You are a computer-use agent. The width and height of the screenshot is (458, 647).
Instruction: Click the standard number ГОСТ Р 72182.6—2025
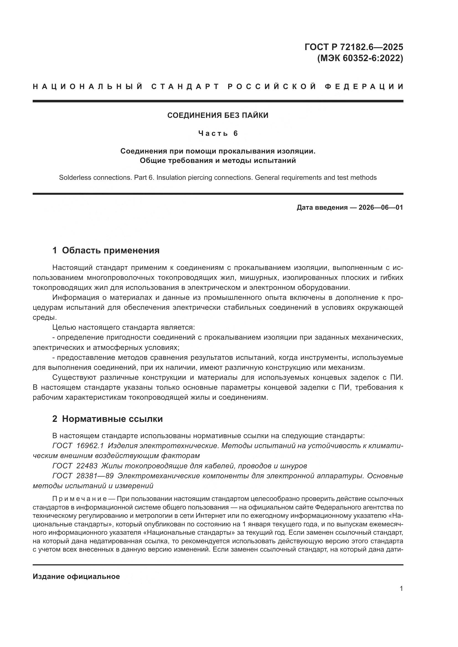354,47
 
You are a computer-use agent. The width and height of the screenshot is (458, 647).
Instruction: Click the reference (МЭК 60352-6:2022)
360,58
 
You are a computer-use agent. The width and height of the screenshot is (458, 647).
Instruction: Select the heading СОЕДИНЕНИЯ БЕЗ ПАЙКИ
218,115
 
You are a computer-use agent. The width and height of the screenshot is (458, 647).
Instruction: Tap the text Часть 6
218,133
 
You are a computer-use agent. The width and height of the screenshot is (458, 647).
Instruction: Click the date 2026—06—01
380,208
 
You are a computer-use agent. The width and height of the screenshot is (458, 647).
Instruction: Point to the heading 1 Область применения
106,250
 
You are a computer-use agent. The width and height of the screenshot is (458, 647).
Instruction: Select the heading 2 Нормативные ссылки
107,419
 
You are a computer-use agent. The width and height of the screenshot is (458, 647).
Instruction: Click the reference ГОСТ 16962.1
78,446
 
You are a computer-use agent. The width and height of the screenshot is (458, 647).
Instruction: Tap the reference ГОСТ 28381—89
83,476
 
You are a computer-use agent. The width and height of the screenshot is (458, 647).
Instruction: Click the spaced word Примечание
79,499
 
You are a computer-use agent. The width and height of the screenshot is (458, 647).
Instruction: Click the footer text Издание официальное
76,576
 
